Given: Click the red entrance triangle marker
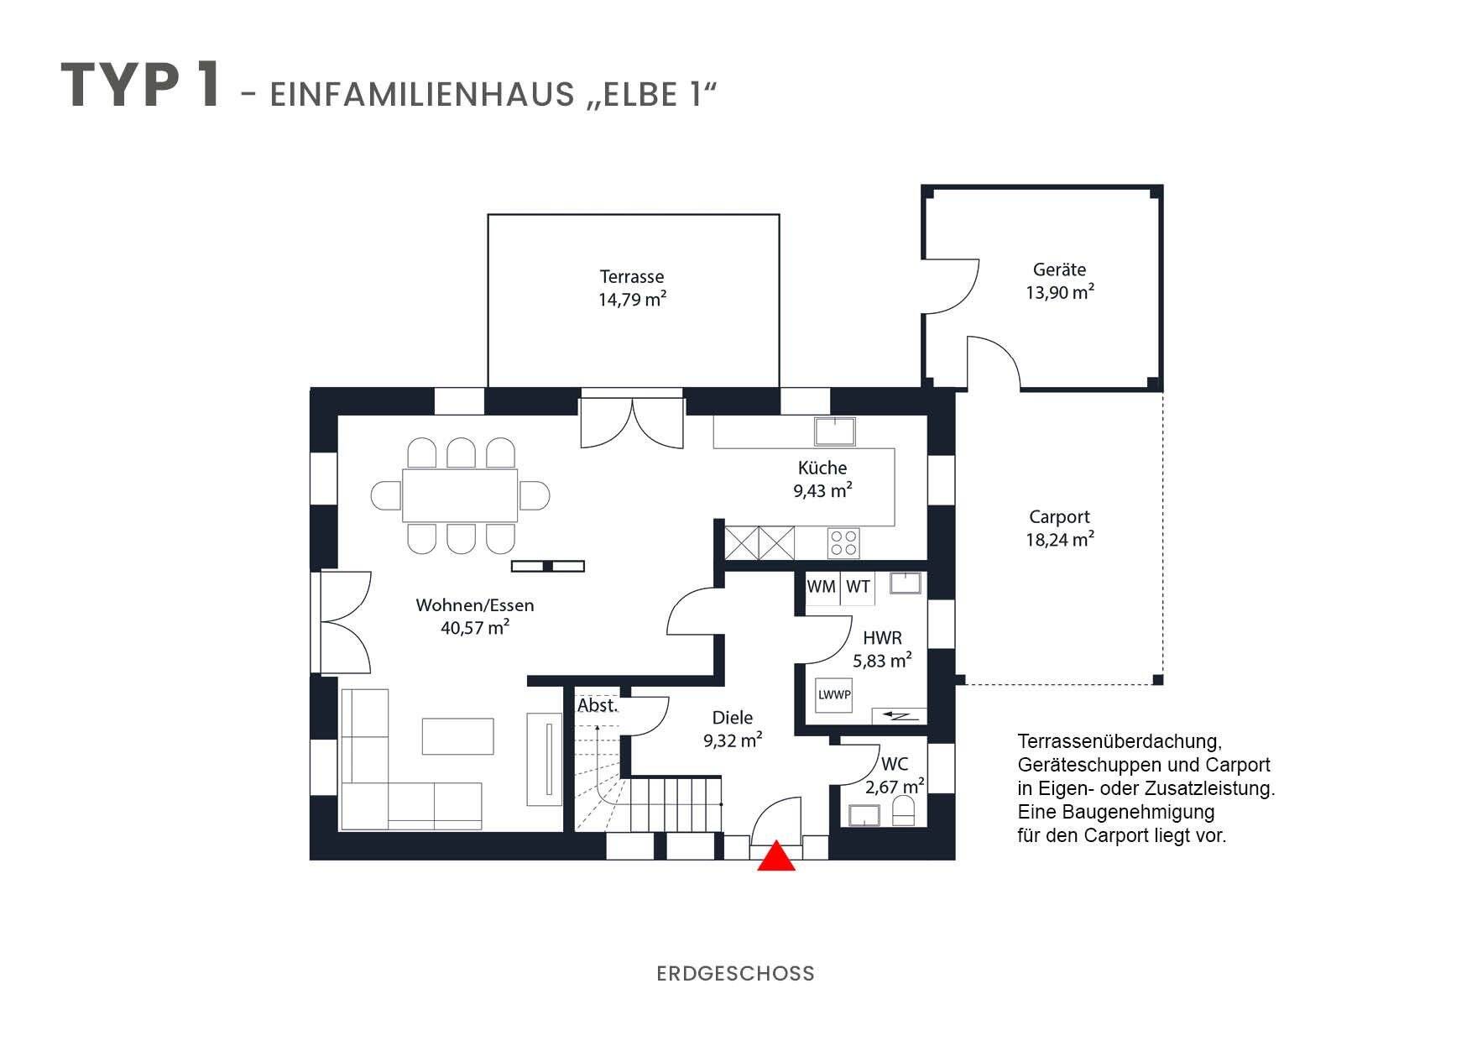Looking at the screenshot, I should coord(776,856).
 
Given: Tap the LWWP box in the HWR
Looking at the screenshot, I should coord(834,695).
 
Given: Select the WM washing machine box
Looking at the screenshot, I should coord(821,587).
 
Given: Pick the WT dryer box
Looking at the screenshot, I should coord(858,587).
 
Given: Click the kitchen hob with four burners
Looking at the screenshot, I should coord(843,542).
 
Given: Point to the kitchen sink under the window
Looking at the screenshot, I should coord(835,432).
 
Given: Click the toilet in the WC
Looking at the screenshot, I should coord(904,812).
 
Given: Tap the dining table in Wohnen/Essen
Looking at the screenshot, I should coord(460,495).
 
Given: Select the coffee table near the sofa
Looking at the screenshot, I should coord(457,736).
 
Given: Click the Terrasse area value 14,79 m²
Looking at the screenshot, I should coord(632,300).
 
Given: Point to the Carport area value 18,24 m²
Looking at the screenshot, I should coord(1059,540).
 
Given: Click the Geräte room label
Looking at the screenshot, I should coord(1059,269).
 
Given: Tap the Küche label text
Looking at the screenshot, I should coord(822,468).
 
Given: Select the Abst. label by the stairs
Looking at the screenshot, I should coord(598,706).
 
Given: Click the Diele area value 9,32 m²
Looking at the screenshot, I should coord(733,740).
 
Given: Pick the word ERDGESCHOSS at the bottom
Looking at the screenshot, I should coord(735,974).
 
